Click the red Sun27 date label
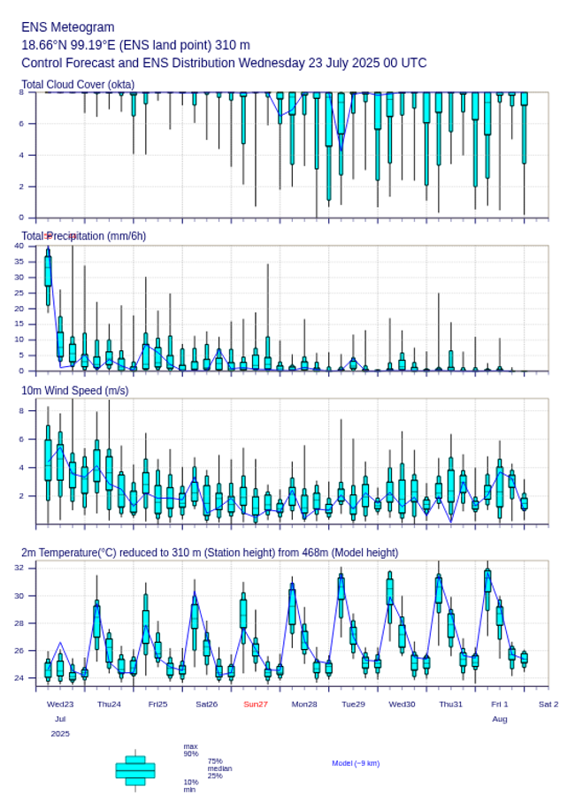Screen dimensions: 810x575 tap(255, 704)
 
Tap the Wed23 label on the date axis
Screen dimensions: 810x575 tap(60, 704)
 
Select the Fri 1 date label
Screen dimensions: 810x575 tap(500, 704)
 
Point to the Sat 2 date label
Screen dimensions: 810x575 tap(548, 704)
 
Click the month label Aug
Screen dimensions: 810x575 tap(500, 720)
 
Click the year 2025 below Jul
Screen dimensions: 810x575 tap(60, 734)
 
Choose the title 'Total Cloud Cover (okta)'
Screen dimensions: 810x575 tap(78, 85)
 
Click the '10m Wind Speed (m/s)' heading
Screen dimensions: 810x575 tap(74, 390)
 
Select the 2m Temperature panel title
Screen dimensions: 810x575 tap(210, 553)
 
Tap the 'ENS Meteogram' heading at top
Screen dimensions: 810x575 tap(67, 27)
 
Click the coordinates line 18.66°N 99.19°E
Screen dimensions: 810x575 tap(135, 45)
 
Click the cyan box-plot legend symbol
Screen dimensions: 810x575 tap(134, 770)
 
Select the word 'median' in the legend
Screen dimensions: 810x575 tap(219, 768)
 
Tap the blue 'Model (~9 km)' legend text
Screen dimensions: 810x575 tap(356, 763)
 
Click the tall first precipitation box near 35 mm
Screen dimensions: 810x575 tap(48, 270)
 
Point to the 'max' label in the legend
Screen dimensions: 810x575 tap(190, 746)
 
